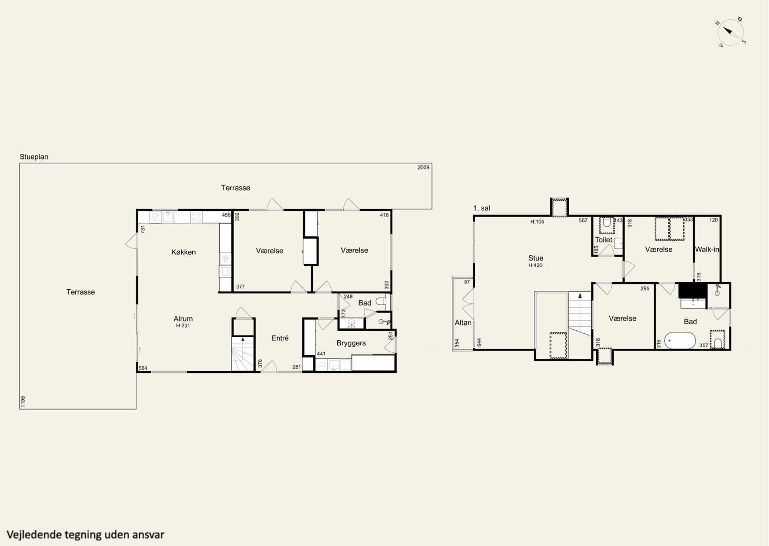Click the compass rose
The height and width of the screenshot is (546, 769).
click(730, 32)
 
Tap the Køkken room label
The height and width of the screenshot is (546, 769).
click(183, 252)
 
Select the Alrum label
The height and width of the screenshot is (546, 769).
click(183, 319)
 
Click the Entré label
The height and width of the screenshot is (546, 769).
click(280, 338)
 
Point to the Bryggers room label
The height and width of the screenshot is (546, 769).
click(351, 343)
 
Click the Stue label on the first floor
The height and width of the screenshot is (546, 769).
click(536, 258)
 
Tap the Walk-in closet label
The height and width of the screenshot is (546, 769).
click(707, 250)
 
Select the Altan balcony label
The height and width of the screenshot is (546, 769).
click(463, 323)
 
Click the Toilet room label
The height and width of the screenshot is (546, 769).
click(604, 240)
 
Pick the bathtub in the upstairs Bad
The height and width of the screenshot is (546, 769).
click(680, 340)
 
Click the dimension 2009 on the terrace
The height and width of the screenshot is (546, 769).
click(423, 167)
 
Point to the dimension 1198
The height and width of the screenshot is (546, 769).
click(23, 402)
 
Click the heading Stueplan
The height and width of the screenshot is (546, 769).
click(34, 157)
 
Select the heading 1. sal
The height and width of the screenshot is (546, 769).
click(482, 208)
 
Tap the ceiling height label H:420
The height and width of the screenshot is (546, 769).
click(536, 266)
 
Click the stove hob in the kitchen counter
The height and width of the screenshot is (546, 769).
click(196, 217)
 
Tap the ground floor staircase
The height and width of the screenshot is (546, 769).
click(243, 354)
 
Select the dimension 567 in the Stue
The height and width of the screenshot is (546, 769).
click(583, 221)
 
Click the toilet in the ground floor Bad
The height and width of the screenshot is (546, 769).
click(381, 302)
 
